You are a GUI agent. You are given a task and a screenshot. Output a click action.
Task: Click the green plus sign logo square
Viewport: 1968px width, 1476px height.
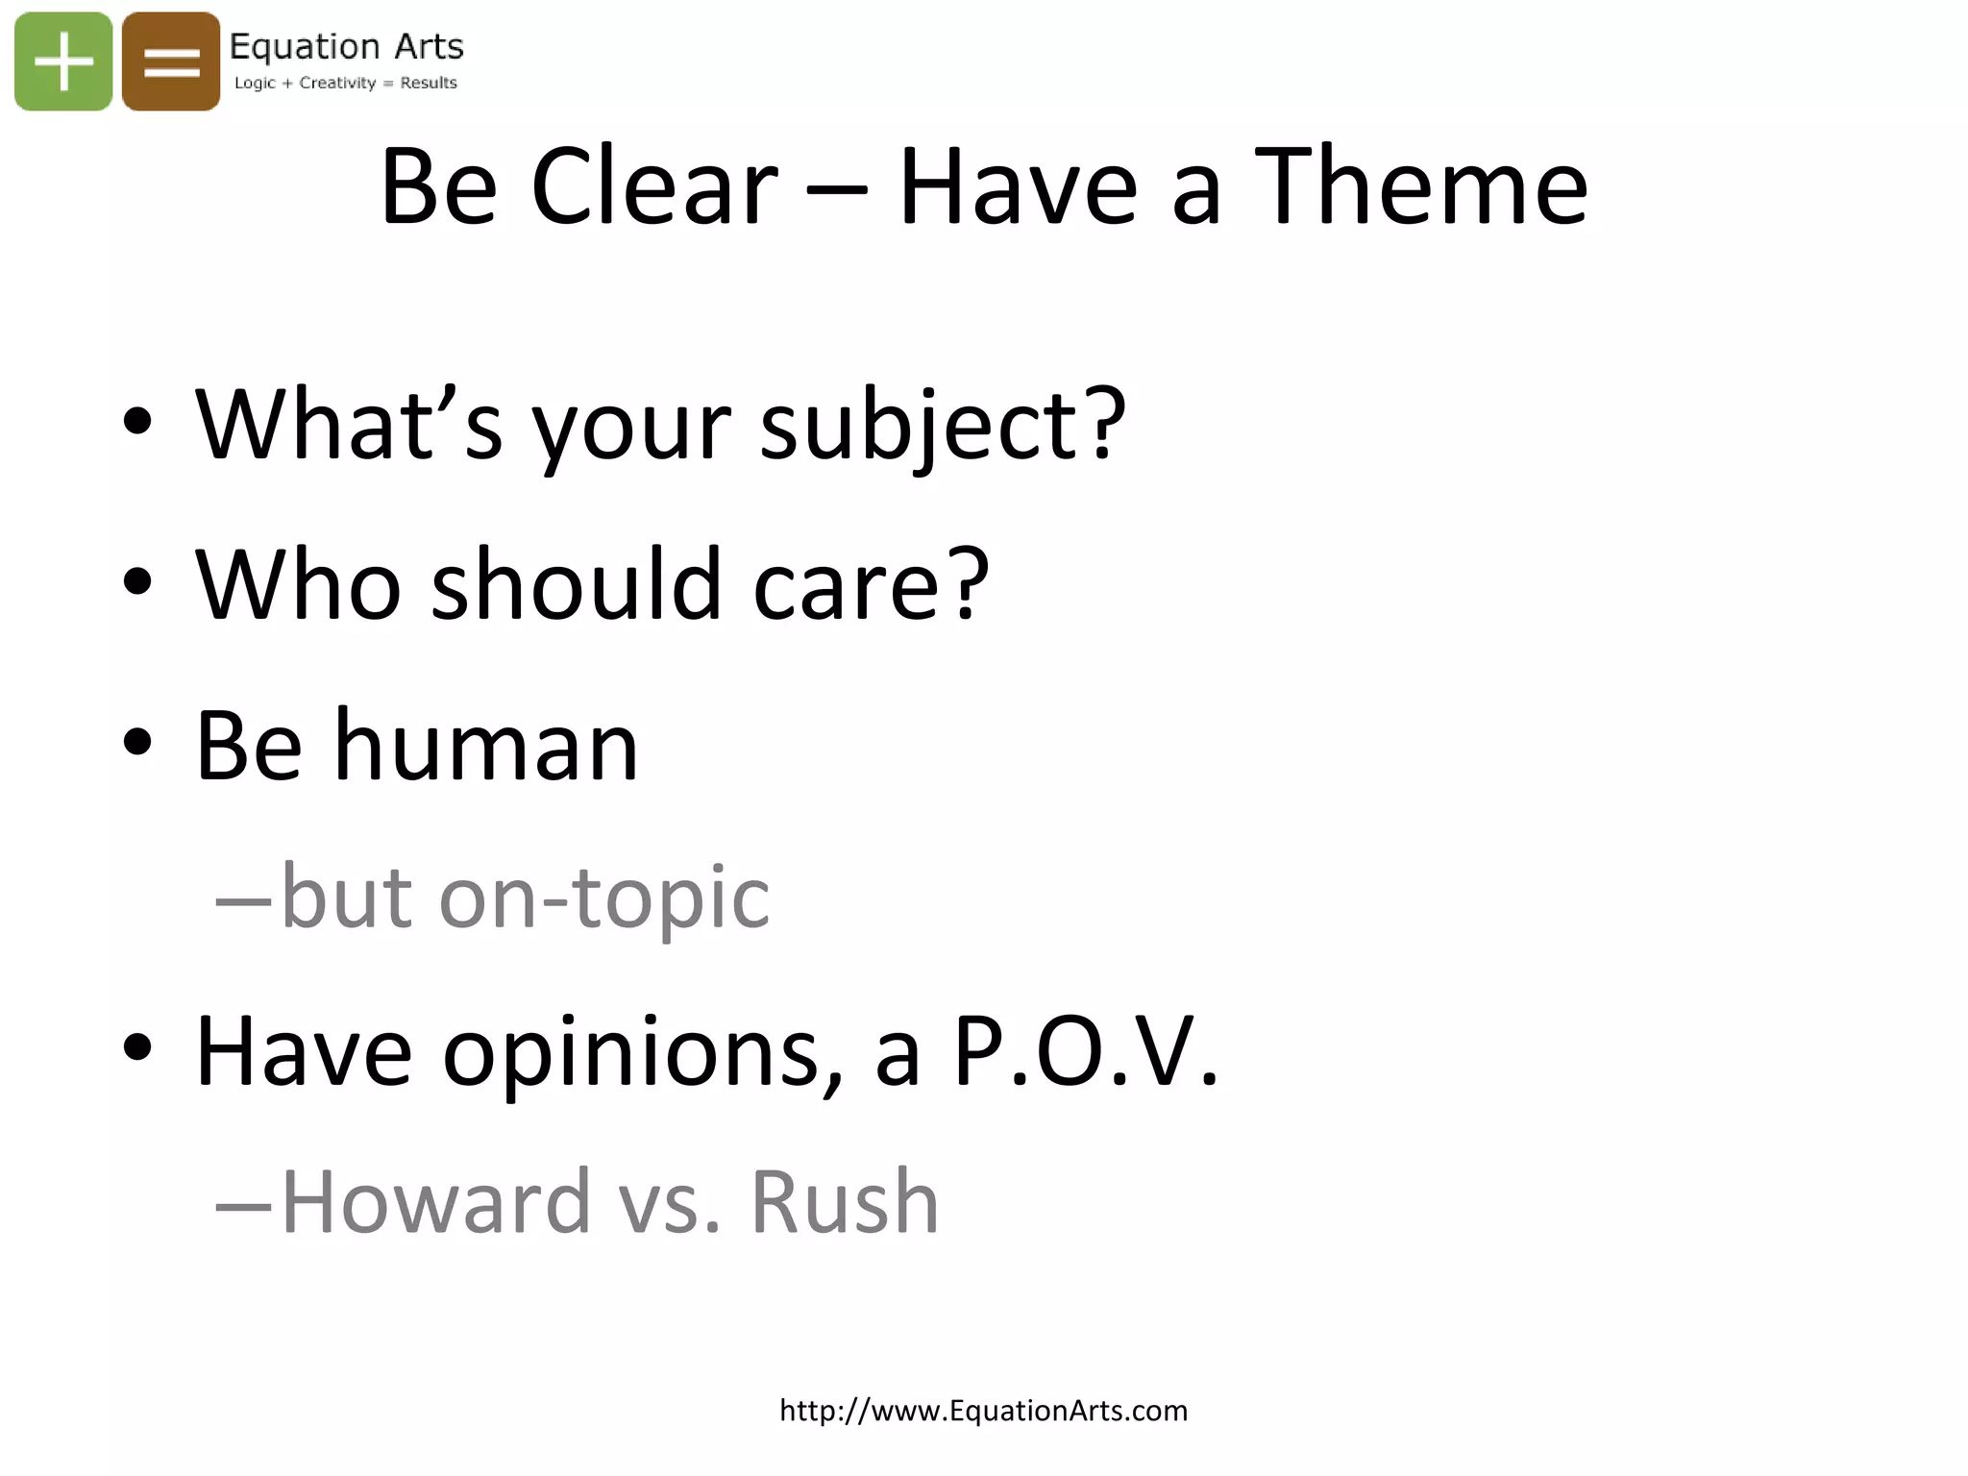(x=63, y=61)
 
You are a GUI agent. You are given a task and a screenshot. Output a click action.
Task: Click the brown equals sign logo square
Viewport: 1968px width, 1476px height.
(x=171, y=61)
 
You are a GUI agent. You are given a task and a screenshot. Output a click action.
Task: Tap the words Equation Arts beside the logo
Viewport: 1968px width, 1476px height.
(x=346, y=46)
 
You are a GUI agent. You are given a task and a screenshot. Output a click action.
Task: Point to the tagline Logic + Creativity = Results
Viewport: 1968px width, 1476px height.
(x=345, y=83)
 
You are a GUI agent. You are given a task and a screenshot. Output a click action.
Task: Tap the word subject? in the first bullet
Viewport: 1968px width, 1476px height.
(x=943, y=425)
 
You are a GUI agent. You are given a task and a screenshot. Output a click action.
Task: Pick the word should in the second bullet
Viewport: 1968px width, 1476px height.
(x=576, y=584)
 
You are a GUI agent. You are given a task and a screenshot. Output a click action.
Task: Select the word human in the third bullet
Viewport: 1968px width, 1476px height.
(x=485, y=746)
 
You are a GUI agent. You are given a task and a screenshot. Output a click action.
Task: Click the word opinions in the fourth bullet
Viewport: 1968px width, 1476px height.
(x=642, y=1053)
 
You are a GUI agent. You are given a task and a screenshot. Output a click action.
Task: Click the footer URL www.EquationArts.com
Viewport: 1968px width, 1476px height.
(x=983, y=1410)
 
